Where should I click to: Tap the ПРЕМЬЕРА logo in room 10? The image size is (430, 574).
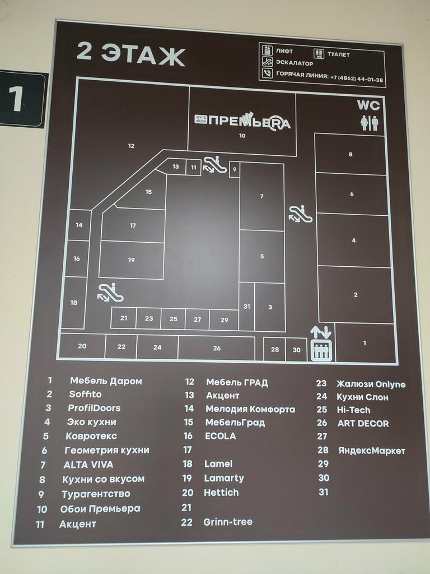[x=243, y=121]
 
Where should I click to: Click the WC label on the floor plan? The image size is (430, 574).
[x=368, y=105]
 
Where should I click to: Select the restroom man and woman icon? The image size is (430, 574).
[x=369, y=123]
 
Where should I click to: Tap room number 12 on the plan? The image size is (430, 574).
[x=132, y=146]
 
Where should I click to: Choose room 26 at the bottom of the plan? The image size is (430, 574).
[x=217, y=348]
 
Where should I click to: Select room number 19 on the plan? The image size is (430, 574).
[x=132, y=260]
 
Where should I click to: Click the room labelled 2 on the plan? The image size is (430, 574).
[x=356, y=294]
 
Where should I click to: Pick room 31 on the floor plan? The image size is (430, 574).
[x=247, y=306]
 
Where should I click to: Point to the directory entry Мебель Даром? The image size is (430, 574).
[x=106, y=381]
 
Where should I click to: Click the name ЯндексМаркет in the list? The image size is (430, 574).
[x=371, y=450]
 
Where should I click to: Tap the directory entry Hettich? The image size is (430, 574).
[x=221, y=493]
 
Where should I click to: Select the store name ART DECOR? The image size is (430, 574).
[x=363, y=424]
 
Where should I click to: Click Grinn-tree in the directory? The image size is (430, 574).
[x=228, y=522]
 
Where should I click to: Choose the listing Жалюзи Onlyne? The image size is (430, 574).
[x=371, y=384]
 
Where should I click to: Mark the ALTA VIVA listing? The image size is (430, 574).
[x=88, y=465]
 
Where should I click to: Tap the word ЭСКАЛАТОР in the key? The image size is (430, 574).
[x=295, y=63]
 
